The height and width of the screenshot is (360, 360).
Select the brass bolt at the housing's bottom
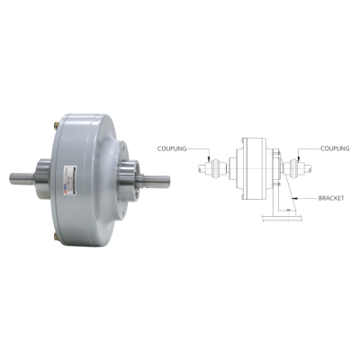point(57,237)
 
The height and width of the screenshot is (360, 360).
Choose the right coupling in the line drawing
point(294,166)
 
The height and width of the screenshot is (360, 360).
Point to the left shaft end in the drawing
point(199,166)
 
